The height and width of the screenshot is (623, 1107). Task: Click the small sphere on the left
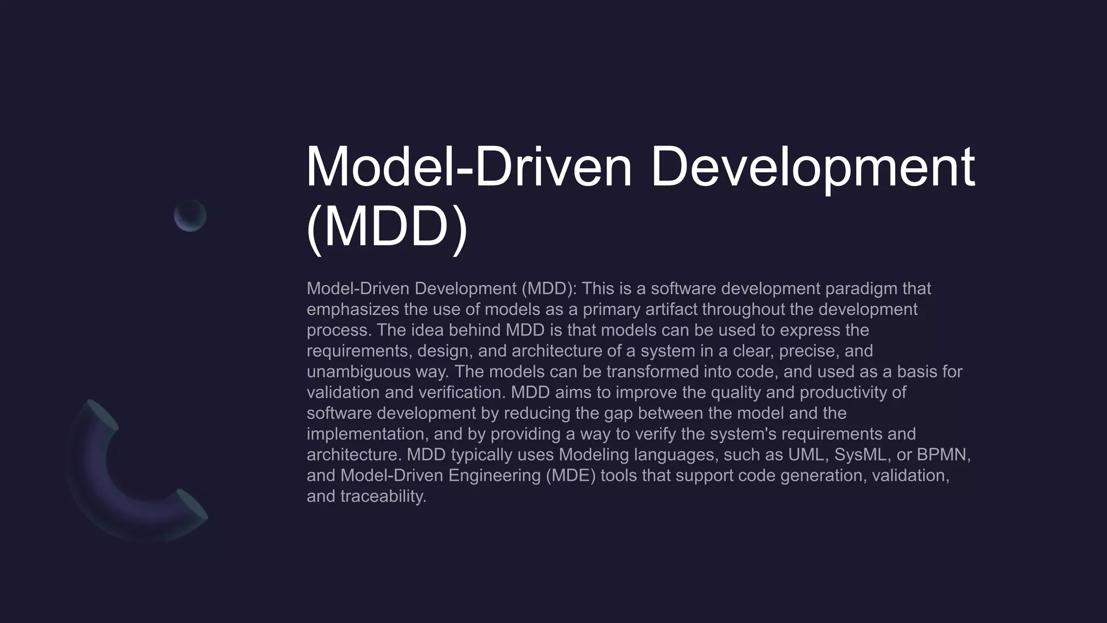(190, 216)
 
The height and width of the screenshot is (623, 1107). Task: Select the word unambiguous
(358, 372)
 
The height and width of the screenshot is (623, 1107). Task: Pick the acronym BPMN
(943, 455)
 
